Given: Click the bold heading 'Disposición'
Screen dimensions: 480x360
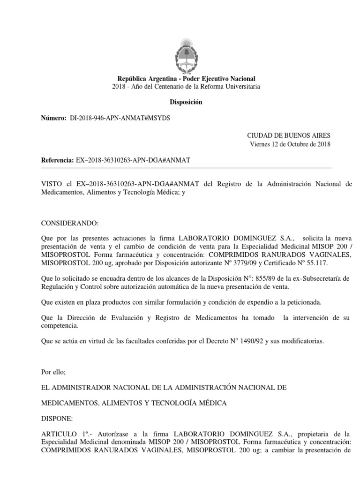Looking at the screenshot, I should pyautogui.click(x=186, y=102).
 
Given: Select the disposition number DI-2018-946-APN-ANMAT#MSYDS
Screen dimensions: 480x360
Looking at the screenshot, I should pyautogui.click(x=120, y=118).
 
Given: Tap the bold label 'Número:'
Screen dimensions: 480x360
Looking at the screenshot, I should pyautogui.click(x=54, y=118).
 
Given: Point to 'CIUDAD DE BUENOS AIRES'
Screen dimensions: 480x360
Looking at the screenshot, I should pyautogui.click(x=289, y=135).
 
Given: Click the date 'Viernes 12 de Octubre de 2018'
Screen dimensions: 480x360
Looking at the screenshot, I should pyautogui.click(x=290, y=144).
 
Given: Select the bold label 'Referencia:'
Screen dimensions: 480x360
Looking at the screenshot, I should pyautogui.click(x=58, y=160).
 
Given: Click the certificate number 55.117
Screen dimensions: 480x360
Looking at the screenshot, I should pyautogui.click(x=322, y=263).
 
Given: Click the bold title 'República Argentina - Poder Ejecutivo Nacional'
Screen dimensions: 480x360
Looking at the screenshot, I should pyautogui.click(x=186, y=79).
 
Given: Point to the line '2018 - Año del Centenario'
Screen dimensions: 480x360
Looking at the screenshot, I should pyautogui.click(x=186, y=87).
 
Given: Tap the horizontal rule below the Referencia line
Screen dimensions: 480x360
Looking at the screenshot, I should pyautogui.click(x=186, y=168).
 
